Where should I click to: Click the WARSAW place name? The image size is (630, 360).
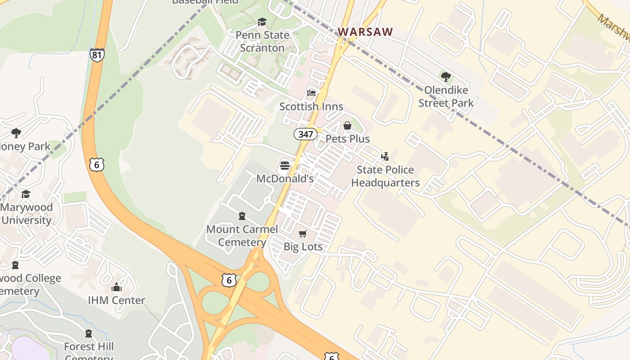(365, 32)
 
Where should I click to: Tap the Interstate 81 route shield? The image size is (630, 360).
(97, 55)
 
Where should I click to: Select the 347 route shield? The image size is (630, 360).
(306, 134)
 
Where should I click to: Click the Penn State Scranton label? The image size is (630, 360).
(262, 41)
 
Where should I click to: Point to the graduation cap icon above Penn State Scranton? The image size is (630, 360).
(262, 22)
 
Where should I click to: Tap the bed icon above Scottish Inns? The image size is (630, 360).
(311, 94)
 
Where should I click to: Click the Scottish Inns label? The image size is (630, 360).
(311, 107)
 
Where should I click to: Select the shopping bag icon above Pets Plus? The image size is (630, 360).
(347, 126)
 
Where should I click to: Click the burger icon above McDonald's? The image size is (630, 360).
(284, 166)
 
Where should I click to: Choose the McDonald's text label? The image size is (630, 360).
(284, 179)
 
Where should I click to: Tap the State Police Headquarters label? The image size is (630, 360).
(385, 176)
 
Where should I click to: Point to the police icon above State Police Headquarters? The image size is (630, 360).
(385, 157)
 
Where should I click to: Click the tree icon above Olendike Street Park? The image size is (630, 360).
(446, 77)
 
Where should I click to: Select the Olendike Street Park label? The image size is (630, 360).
(446, 96)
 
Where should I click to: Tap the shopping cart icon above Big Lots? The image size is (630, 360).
(303, 234)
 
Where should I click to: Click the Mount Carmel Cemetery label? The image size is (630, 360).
(242, 235)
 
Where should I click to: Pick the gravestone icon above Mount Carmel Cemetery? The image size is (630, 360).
(242, 216)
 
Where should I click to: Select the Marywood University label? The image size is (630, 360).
(27, 214)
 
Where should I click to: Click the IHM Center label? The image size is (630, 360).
(117, 300)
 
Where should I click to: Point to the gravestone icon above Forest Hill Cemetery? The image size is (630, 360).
(89, 333)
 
